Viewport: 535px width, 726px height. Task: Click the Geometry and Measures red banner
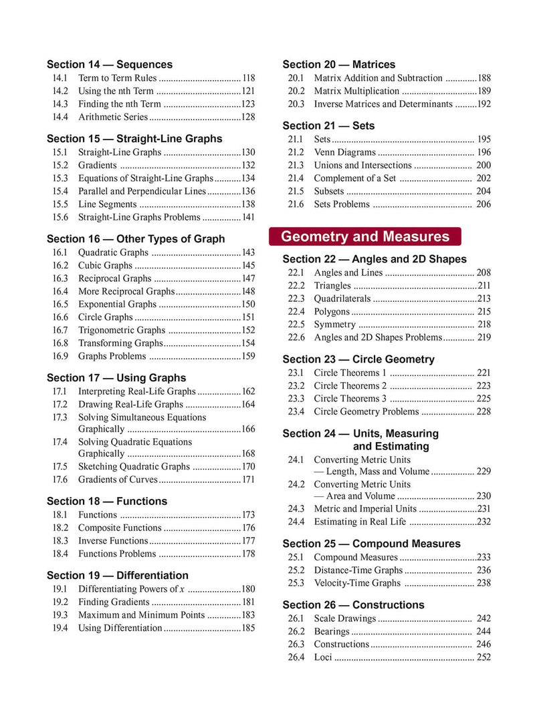(x=364, y=236)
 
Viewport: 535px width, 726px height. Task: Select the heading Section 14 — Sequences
(x=110, y=65)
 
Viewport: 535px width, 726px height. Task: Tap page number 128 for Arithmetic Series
(x=248, y=117)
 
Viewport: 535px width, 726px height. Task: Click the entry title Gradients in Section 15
(x=98, y=165)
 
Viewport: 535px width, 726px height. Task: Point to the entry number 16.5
(x=60, y=304)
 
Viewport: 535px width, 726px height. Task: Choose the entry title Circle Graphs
(x=106, y=317)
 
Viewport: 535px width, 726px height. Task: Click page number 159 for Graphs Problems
(x=248, y=356)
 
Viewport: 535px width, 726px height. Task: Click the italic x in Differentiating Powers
(x=182, y=589)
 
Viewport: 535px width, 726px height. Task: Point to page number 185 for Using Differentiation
(x=248, y=628)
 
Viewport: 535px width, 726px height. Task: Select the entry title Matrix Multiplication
(x=356, y=91)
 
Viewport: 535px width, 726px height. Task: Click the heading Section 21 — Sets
(x=328, y=126)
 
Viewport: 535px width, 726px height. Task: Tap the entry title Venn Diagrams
(x=344, y=152)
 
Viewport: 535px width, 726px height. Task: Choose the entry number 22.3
(x=296, y=299)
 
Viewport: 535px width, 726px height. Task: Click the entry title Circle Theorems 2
(x=350, y=385)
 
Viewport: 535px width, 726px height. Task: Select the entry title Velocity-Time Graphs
(x=357, y=583)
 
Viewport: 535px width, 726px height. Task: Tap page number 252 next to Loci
(x=484, y=657)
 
